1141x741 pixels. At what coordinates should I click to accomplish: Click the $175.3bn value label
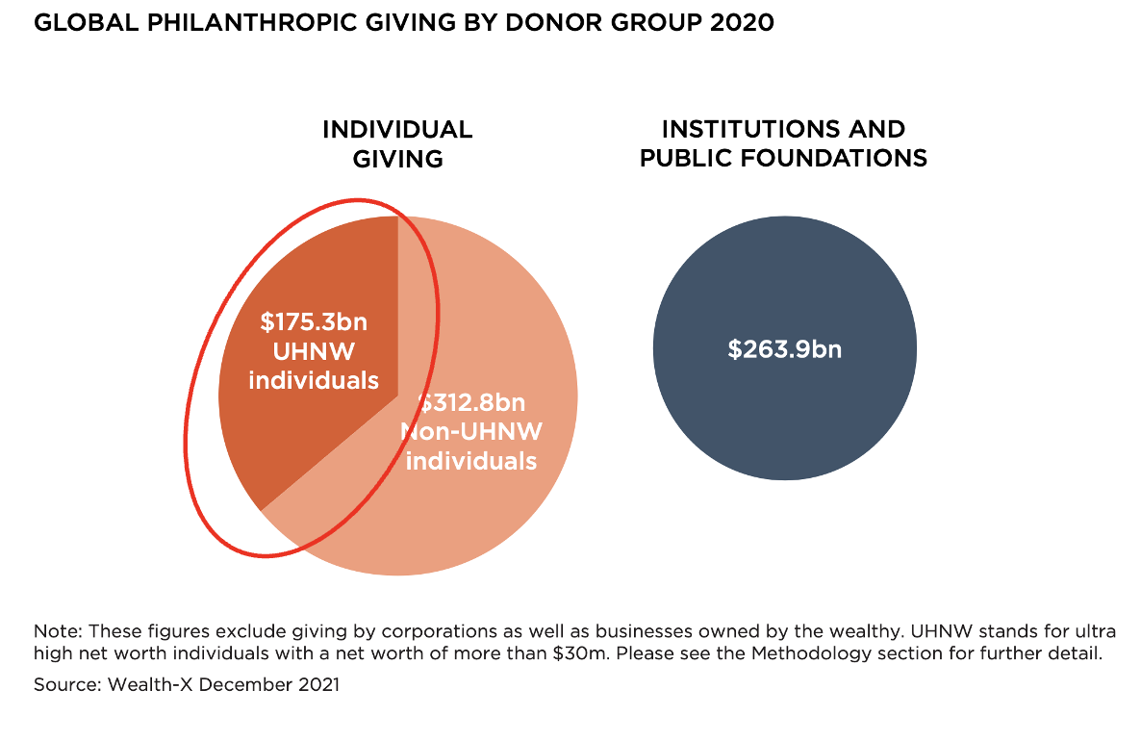pos(314,321)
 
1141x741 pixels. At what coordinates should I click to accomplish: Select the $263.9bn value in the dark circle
pos(784,348)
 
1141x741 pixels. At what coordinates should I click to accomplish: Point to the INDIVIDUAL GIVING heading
pos(397,143)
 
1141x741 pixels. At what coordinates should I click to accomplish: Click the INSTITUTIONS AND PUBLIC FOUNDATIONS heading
pos(783,143)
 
